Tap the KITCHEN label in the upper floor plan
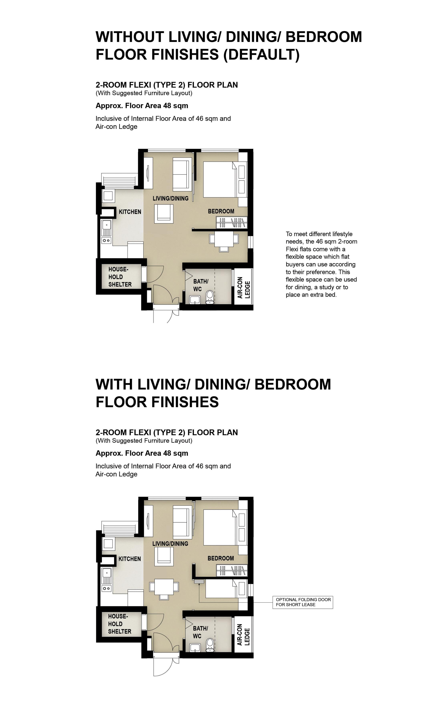click(x=130, y=212)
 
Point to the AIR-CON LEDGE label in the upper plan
click(x=244, y=288)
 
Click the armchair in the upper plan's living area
click(x=164, y=214)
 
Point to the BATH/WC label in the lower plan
click(x=200, y=632)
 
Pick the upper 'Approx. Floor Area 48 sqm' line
click(x=142, y=106)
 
